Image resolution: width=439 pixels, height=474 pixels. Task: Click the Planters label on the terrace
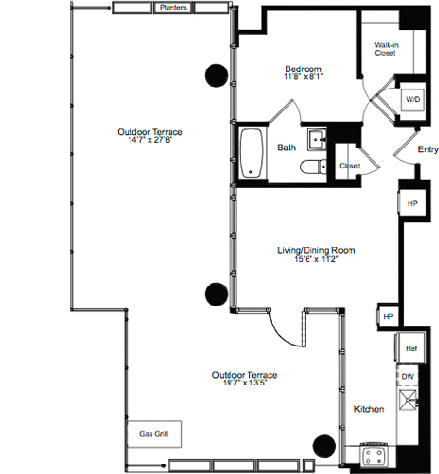[173, 8]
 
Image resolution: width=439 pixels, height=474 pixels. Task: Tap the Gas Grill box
[154, 434]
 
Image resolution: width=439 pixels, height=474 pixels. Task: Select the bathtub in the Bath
[251, 153]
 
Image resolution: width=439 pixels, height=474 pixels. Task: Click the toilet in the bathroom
[313, 167]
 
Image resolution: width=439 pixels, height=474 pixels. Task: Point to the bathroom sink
[316, 139]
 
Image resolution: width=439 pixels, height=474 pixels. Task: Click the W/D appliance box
[412, 100]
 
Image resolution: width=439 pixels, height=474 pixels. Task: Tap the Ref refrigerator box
[410, 348]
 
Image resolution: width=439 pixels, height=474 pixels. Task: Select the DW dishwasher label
[408, 377]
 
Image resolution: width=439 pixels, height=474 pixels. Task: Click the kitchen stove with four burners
[373, 455]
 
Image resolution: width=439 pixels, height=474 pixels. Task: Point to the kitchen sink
[409, 400]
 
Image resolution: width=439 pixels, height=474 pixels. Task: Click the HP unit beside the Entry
[412, 203]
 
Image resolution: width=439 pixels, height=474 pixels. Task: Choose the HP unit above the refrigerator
[388, 316]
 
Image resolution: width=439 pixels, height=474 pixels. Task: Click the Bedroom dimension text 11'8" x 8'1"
[304, 77]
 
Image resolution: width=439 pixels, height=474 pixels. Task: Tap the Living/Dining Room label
[316, 250]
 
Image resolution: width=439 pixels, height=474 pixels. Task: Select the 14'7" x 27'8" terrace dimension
[150, 140]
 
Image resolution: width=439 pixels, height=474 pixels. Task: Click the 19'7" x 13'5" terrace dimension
[245, 383]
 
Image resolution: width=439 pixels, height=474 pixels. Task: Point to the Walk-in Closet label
[386, 49]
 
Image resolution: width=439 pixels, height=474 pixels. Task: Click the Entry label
[428, 149]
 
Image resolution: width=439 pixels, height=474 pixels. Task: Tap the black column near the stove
[325, 445]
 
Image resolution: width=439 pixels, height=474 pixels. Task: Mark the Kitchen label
[369, 409]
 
